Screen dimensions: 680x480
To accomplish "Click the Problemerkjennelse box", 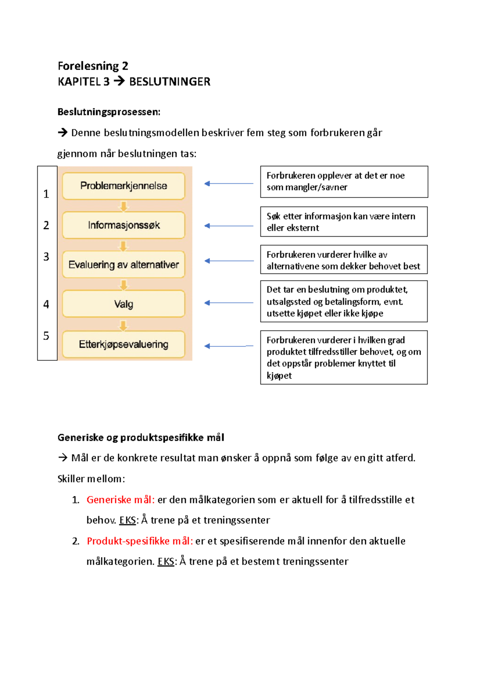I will point(123,186).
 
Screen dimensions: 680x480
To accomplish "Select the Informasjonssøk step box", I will point(123,225).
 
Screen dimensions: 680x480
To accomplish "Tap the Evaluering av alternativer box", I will point(123,264).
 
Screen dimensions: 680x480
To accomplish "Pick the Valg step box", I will point(123,304).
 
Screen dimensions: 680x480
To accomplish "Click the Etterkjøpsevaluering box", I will point(123,344).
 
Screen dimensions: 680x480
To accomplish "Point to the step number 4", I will point(46,304).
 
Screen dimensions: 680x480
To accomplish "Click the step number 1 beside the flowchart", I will point(46,194).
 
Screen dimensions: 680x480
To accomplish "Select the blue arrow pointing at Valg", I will point(228,303).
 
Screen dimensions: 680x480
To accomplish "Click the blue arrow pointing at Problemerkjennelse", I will point(228,183).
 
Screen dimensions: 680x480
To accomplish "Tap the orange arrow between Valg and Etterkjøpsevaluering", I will point(124,325).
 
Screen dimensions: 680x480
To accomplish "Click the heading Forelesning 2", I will point(93,66).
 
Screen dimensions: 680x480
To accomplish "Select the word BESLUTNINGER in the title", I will point(170,82).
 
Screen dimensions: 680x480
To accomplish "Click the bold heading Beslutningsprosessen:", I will point(109,112).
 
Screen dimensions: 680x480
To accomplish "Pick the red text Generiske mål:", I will point(120,499).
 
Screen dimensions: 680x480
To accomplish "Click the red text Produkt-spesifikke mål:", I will point(140,541).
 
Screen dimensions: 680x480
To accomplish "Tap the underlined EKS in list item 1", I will point(128,520).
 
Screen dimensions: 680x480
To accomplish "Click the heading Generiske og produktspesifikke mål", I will point(141,437).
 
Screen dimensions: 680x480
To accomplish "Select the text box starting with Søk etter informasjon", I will point(344,222).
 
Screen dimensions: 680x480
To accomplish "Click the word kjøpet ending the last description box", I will point(279,376).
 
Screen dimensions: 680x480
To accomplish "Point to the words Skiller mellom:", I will point(91,479).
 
